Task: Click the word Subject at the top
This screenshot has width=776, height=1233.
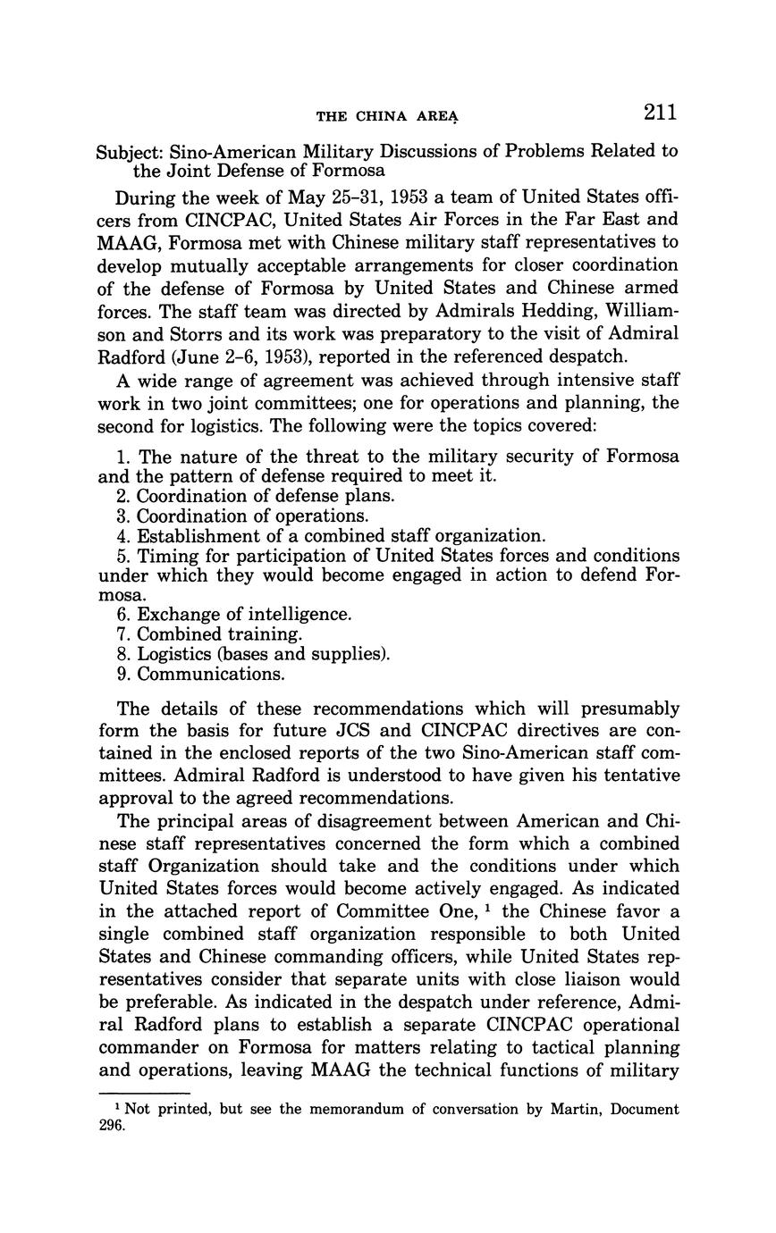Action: tap(129, 151)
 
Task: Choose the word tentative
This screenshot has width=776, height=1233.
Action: tap(636, 775)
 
